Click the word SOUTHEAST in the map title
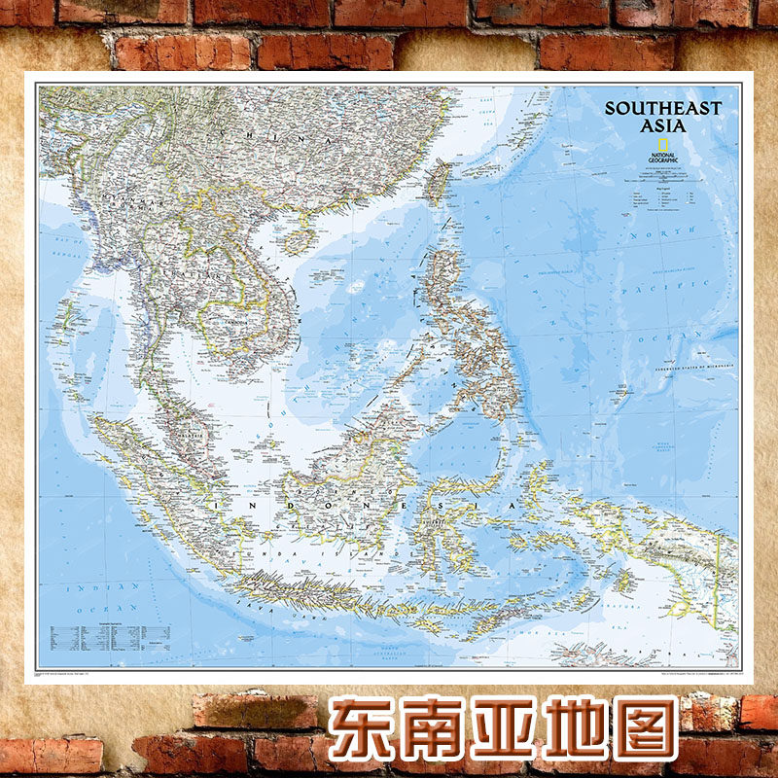coord(662,109)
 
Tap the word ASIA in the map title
coord(662,125)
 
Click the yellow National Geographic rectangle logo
coord(662,145)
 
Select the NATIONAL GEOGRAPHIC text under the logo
coord(662,158)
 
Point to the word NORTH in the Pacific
coord(677,233)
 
